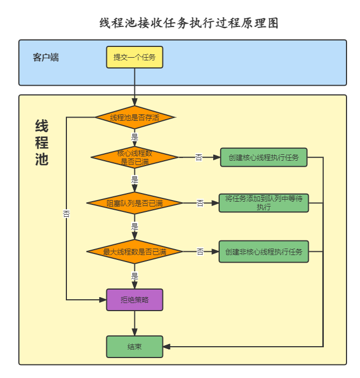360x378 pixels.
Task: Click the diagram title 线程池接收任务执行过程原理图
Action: pyautogui.click(x=189, y=23)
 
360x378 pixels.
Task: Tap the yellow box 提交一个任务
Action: pyautogui.click(x=134, y=57)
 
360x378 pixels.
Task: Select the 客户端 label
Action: pyautogui.click(x=46, y=57)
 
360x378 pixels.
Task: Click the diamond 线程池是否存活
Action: pyautogui.click(x=134, y=118)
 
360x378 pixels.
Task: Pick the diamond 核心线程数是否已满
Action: pyautogui.click(x=134, y=157)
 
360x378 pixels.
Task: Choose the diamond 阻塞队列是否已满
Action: pyautogui.click(x=134, y=203)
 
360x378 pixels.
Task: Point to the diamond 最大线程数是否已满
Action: pyautogui.click(x=134, y=251)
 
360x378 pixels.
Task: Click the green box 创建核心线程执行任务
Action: pyautogui.click(x=264, y=157)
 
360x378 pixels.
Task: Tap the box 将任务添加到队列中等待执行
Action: pyautogui.click(x=264, y=203)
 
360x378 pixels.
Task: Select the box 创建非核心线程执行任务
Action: pyautogui.click(x=264, y=251)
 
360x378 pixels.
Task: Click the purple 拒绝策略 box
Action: pyautogui.click(x=134, y=300)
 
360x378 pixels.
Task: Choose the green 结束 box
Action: pyautogui.click(x=134, y=347)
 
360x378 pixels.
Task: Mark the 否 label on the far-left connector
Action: pyautogui.click(x=66, y=214)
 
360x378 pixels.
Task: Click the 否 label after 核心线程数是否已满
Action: pyautogui.click(x=199, y=157)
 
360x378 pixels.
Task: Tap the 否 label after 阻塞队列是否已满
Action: pyautogui.click(x=200, y=203)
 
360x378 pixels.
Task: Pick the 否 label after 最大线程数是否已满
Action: pyautogui.click(x=200, y=251)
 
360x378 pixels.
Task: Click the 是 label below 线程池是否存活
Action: pyautogui.click(x=134, y=137)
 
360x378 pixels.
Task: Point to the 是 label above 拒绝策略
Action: pyautogui.click(x=134, y=276)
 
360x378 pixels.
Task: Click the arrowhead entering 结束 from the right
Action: pyautogui.click(x=167, y=347)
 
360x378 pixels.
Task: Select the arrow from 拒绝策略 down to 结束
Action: pyautogui.click(x=134, y=324)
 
